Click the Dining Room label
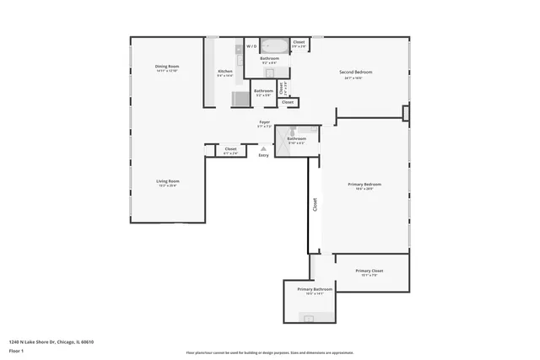tap(167, 67)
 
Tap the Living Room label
tap(167, 181)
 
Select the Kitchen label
tap(224, 72)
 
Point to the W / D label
tap(251, 46)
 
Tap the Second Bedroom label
tap(356, 73)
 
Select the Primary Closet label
tap(371, 271)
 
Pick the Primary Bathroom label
tap(316, 289)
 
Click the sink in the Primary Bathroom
tap(310, 319)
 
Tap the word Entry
tap(263, 155)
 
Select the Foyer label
tap(264, 123)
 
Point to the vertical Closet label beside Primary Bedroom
tap(315, 204)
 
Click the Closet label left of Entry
tap(230, 150)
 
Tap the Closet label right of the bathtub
tap(299, 42)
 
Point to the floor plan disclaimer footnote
tap(269, 352)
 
